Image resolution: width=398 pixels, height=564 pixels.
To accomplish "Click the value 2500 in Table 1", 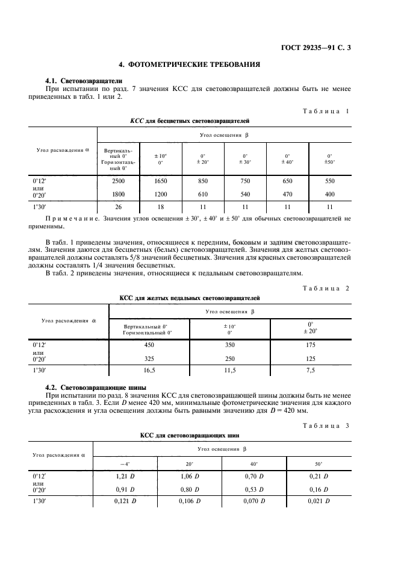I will (119, 181).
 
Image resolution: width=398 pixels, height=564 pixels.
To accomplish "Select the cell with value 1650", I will (160, 181).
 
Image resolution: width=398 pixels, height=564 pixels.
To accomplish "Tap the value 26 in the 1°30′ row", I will (119, 207).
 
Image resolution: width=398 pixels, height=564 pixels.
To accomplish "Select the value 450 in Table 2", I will (149, 345).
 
